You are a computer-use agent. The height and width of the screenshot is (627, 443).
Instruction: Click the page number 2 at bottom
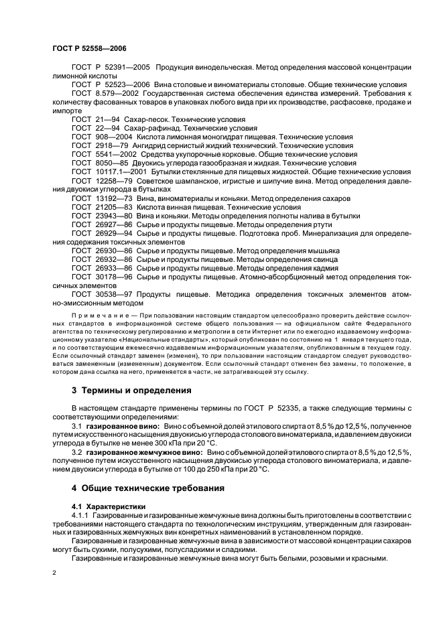click(x=54, y=573)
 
